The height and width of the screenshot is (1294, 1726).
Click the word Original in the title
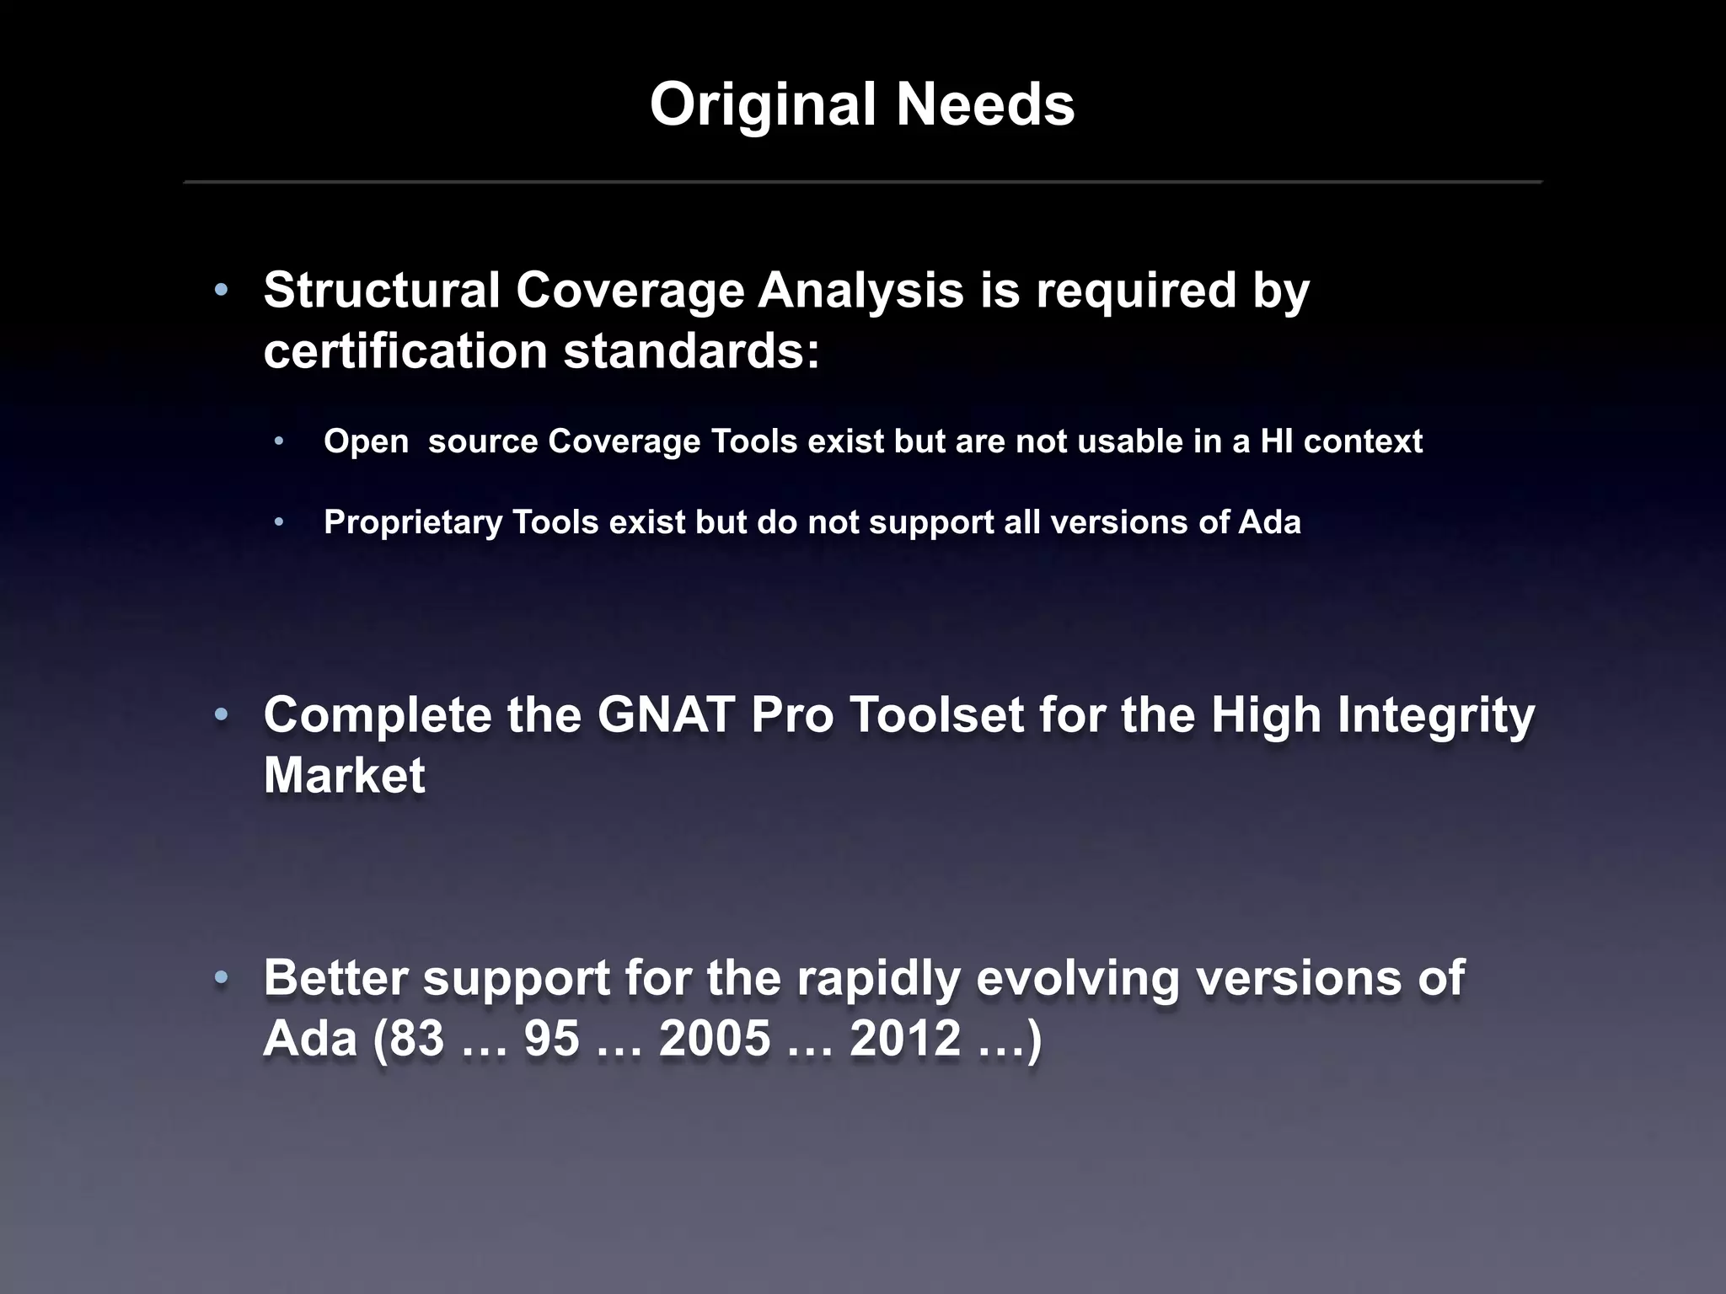coord(763,106)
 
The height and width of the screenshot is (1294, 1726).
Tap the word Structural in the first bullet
coord(382,290)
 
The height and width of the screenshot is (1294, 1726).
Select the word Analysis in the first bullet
coord(860,290)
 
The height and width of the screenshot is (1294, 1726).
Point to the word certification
coord(405,350)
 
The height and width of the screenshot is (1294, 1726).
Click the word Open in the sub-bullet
coord(366,441)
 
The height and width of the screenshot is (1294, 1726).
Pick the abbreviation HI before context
coord(1276,441)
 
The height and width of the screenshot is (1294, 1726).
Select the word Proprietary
coord(413,522)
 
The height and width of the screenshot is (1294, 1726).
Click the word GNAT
coord(666,715)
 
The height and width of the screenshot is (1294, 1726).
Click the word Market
coord(344,775)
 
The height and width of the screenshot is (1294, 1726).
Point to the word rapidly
coord(878,978)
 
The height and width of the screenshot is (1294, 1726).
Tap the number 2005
coord(715,1038)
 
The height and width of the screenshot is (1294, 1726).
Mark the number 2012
coord(905,1038)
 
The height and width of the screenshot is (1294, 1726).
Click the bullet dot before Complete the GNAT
coord(221,715)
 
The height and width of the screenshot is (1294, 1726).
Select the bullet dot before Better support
coord(221,978)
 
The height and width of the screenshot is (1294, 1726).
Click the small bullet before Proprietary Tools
coord(280,522)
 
